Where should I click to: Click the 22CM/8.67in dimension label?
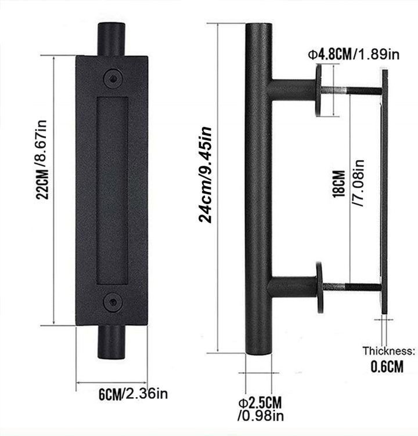tap(43, 159)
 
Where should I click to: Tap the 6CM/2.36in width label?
tap(134, 394)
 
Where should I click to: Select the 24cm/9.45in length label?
tap(206, 175)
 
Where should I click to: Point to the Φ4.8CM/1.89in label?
tap(354, 54)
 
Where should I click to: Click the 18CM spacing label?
tap(339, 184)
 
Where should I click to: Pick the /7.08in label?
tap(358, 183)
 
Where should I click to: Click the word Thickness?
tap(389, 351)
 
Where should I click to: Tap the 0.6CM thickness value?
tap(387, 366)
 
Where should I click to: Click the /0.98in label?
tap(261, 416)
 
